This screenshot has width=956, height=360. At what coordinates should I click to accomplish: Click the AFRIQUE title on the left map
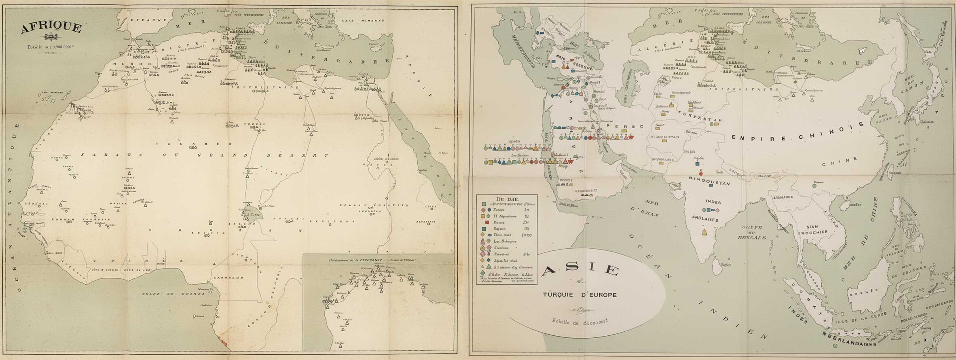(x=51, y=28)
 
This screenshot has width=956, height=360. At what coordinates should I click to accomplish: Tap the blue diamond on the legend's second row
(x=489, y=210)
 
